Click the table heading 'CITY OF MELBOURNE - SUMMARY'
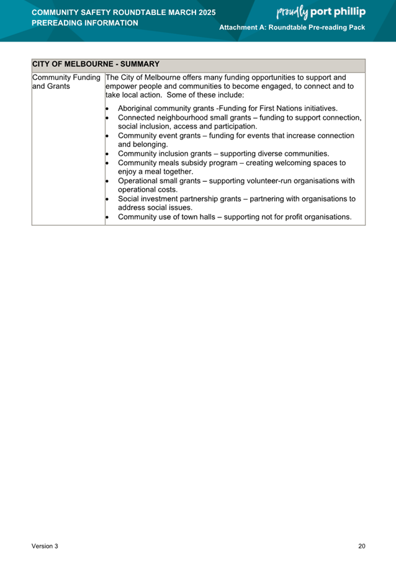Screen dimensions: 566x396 coord(96,64)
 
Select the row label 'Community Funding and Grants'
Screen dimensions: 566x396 coord(67,82)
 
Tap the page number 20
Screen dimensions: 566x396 coord(362,546)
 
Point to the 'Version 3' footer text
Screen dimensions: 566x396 coord(45,546)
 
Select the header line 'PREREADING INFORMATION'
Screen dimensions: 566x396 coord(84,23)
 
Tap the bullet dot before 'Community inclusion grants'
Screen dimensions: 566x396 coord(108,154)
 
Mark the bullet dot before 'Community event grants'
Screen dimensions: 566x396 coord(108,135)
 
